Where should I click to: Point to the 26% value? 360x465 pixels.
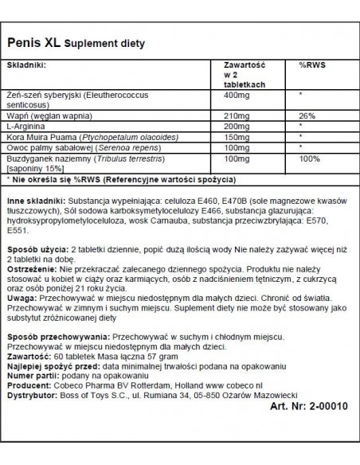point(307,115)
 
